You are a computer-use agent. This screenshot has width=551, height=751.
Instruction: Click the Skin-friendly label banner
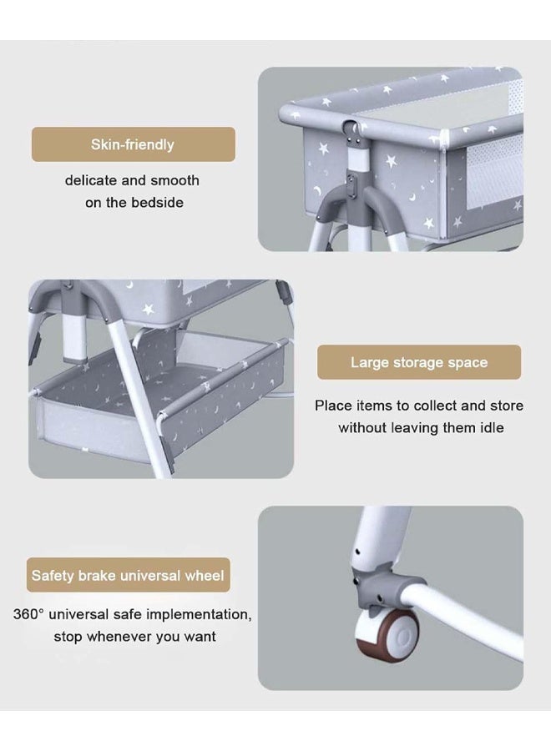134,144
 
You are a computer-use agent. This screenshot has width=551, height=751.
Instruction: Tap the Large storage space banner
419,362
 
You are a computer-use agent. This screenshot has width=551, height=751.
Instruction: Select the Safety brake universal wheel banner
128,575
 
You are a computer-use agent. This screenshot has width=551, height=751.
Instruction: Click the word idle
492,428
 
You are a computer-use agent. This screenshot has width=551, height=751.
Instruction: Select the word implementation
199,614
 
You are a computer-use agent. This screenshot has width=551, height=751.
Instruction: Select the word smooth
174,180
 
